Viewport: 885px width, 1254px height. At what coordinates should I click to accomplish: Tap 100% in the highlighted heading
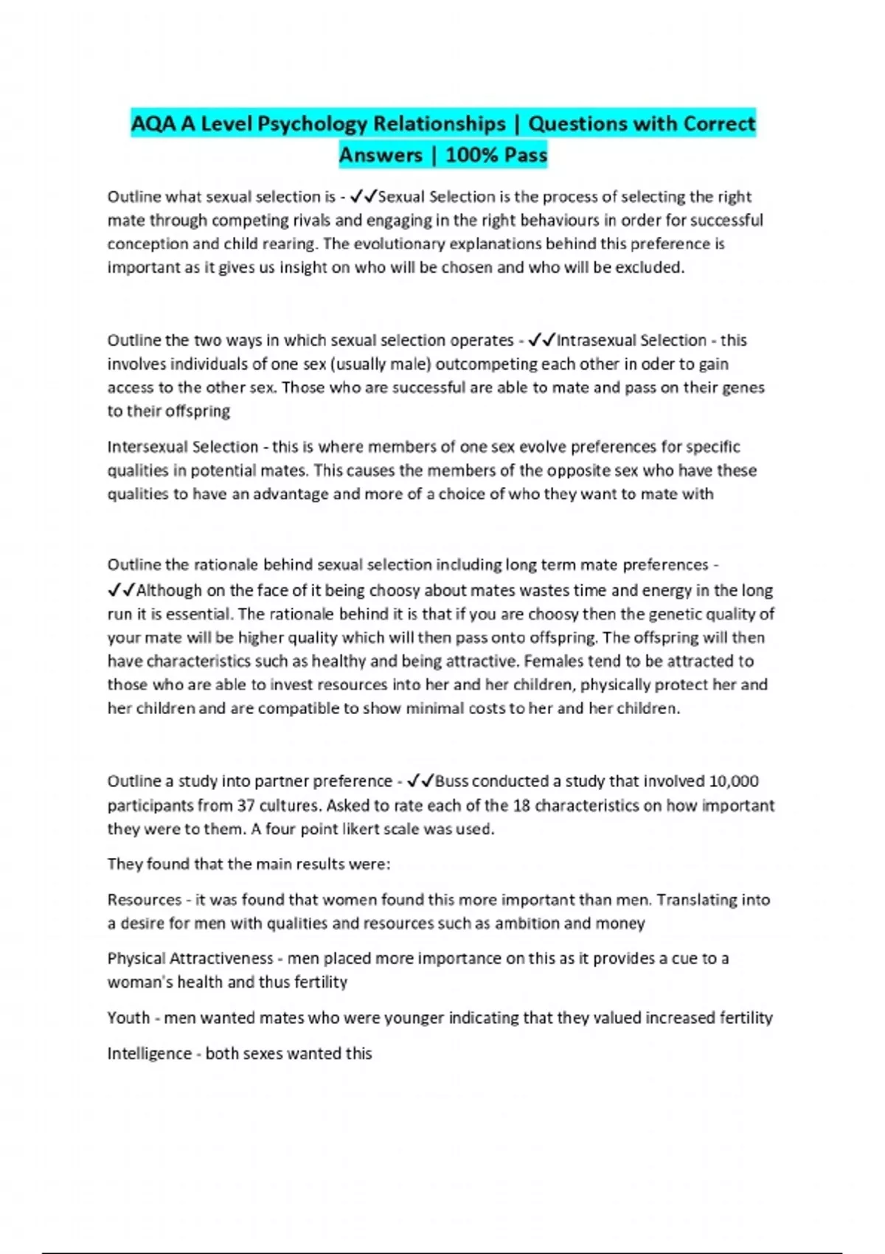(471, 156)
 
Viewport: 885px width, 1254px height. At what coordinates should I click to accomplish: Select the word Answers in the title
(381, 156)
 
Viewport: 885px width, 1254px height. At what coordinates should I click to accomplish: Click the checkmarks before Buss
(420, 781)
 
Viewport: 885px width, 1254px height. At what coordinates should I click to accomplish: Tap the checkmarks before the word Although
(121, 590)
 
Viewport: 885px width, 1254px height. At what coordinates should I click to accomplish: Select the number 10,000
(733, 781)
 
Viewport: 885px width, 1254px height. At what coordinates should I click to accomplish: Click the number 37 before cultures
(246, 805)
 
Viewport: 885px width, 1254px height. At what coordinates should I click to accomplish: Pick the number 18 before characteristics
(521, 805)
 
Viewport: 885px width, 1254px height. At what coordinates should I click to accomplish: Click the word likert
(350, 828)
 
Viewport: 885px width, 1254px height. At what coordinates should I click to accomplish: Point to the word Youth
(128, 1018)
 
